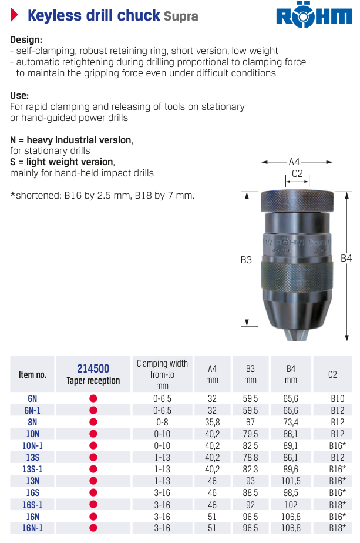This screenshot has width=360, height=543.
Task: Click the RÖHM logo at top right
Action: click(x=314, y=16)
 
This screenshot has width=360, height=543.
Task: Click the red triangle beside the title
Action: click(x=14, y=15)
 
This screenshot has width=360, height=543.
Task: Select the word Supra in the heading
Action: click(x=181, y=16)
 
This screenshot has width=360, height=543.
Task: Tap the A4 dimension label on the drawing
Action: click(x=294, y=162)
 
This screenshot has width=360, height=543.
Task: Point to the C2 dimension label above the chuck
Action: click(x=297, y=173)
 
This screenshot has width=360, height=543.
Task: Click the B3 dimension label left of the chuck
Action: click(x=246, y=260)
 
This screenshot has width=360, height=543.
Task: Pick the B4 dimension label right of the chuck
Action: click(x=346, y=258)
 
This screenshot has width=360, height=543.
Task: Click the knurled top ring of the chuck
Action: click(x=297, y=201)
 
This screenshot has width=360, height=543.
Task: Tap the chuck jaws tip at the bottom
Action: click(x=297, y=335)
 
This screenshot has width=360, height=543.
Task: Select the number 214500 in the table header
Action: click(x=93, y=368)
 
